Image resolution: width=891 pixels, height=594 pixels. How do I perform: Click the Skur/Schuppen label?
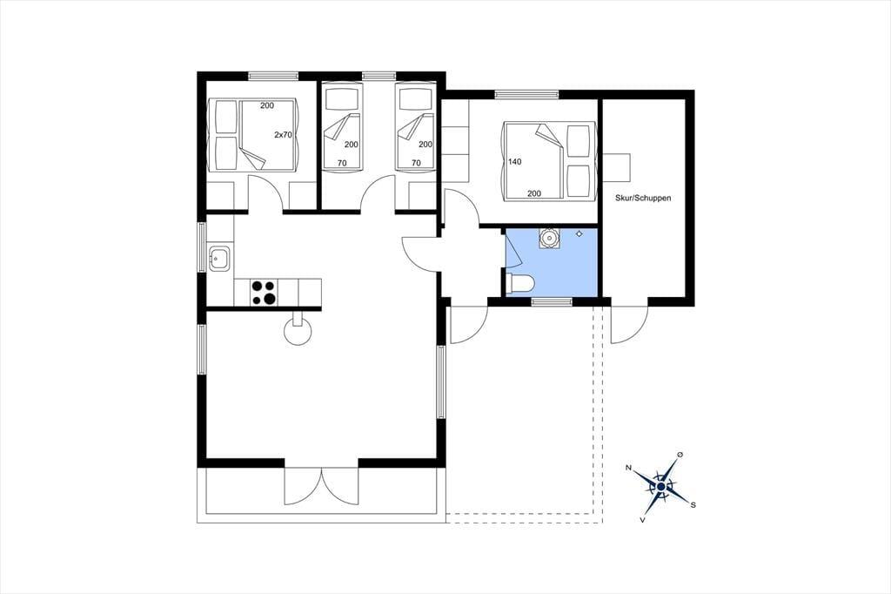point(643,198)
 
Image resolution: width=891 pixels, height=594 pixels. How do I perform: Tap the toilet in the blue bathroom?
point(519,284)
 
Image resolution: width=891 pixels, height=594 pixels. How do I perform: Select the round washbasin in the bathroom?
point(549,239)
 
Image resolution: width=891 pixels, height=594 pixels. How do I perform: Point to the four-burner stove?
point(263,293)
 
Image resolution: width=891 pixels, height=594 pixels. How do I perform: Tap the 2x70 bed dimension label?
point(283,135)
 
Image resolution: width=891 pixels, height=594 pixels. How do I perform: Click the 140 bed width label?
point(515,162)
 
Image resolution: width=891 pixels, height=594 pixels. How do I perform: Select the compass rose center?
point(661,487)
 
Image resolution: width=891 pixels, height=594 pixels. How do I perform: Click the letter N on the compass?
point(628,468)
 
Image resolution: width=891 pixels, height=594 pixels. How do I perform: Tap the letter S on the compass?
point(693,504)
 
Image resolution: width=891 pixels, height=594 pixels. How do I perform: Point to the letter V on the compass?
point(642,519)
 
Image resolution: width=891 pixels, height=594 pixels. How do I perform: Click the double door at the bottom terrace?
point(322,486)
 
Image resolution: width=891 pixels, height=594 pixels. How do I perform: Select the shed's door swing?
point(629,324)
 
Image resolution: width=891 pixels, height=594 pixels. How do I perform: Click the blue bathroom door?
point(513,249)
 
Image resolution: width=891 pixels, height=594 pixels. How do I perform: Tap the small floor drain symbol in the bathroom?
point(579,233)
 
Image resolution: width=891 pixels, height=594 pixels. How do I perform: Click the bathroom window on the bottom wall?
point(551,301)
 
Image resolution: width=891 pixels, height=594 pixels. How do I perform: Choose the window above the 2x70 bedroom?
point(273,76)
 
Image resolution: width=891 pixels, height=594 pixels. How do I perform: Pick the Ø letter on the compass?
point(680,455)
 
